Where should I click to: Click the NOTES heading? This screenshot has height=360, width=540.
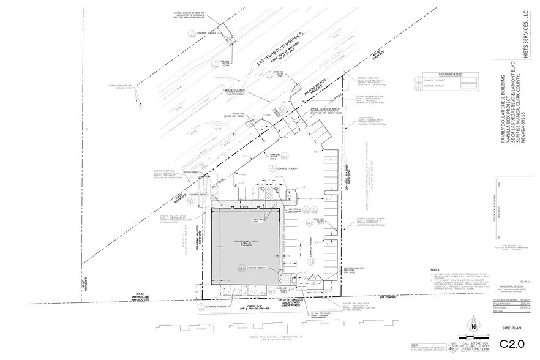tap(435, 269)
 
